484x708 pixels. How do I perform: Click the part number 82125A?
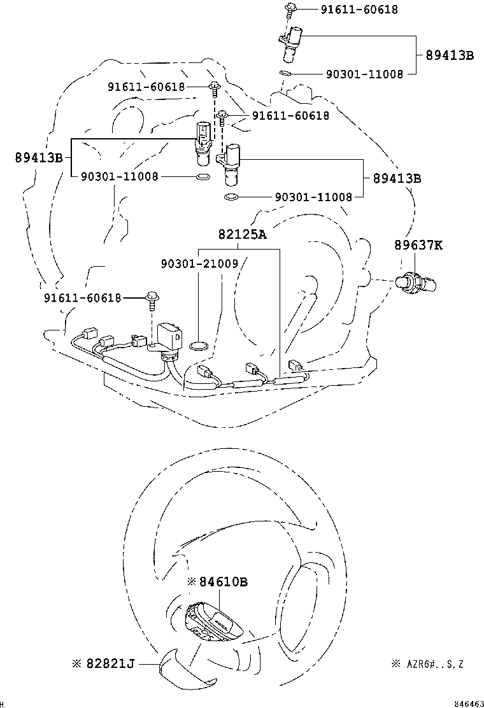[x=242, y=234]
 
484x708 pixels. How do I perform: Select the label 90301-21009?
[x=199, y=262]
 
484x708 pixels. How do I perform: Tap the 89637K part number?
[x=417, y=244]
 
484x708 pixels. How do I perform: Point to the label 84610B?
[x=223, y=581]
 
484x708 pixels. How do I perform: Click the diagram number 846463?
[x=468, y=704]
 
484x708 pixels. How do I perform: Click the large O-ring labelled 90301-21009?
[x=199, y=346]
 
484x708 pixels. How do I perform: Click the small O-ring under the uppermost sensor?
[x=286, y=74]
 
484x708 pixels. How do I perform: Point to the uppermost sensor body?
[x=294, y=42]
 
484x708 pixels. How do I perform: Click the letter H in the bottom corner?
[x=3, y=704]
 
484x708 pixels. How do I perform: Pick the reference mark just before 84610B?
[x=192, y=581]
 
